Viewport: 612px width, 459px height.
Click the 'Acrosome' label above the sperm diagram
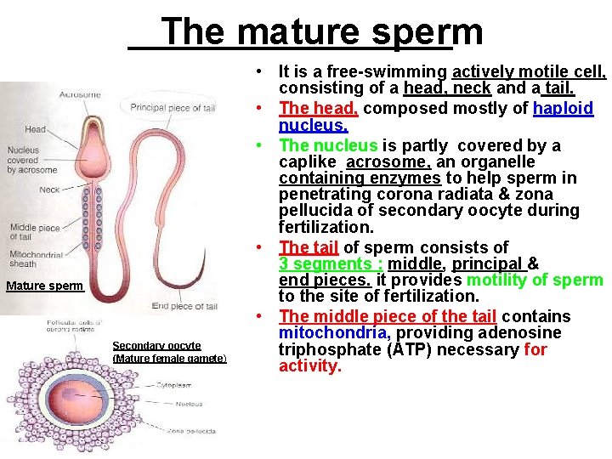point(80,94)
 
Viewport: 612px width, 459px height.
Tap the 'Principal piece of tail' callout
point(173,108)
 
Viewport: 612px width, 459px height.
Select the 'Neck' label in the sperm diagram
point(49,190)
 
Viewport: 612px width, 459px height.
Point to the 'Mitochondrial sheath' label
point(35,259)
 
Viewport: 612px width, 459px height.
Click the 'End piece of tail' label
point(184,306)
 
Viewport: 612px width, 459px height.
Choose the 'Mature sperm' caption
point(44,286)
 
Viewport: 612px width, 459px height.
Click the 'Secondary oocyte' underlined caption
point(156,345)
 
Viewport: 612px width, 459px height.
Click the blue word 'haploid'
point(563,109)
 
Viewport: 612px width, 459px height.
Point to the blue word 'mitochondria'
point(335,333)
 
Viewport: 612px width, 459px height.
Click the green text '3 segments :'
point(330,264)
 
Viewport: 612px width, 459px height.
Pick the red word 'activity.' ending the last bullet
point(309,366)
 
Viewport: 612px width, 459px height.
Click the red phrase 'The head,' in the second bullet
point(318,109)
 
